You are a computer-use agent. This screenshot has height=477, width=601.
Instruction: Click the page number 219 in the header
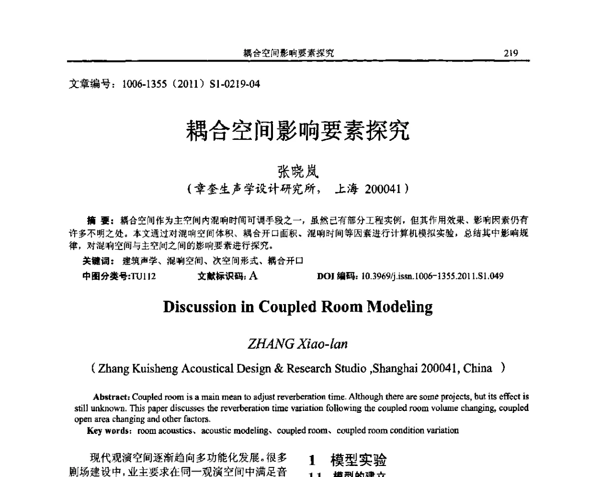[511, 53]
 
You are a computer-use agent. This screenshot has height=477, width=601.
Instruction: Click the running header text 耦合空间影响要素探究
[288, 53]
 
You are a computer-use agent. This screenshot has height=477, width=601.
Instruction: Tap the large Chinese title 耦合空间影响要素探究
[299, 131]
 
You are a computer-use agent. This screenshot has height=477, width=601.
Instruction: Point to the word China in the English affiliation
[477, 369]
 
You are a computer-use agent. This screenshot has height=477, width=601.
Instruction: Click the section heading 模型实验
[359, 459]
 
